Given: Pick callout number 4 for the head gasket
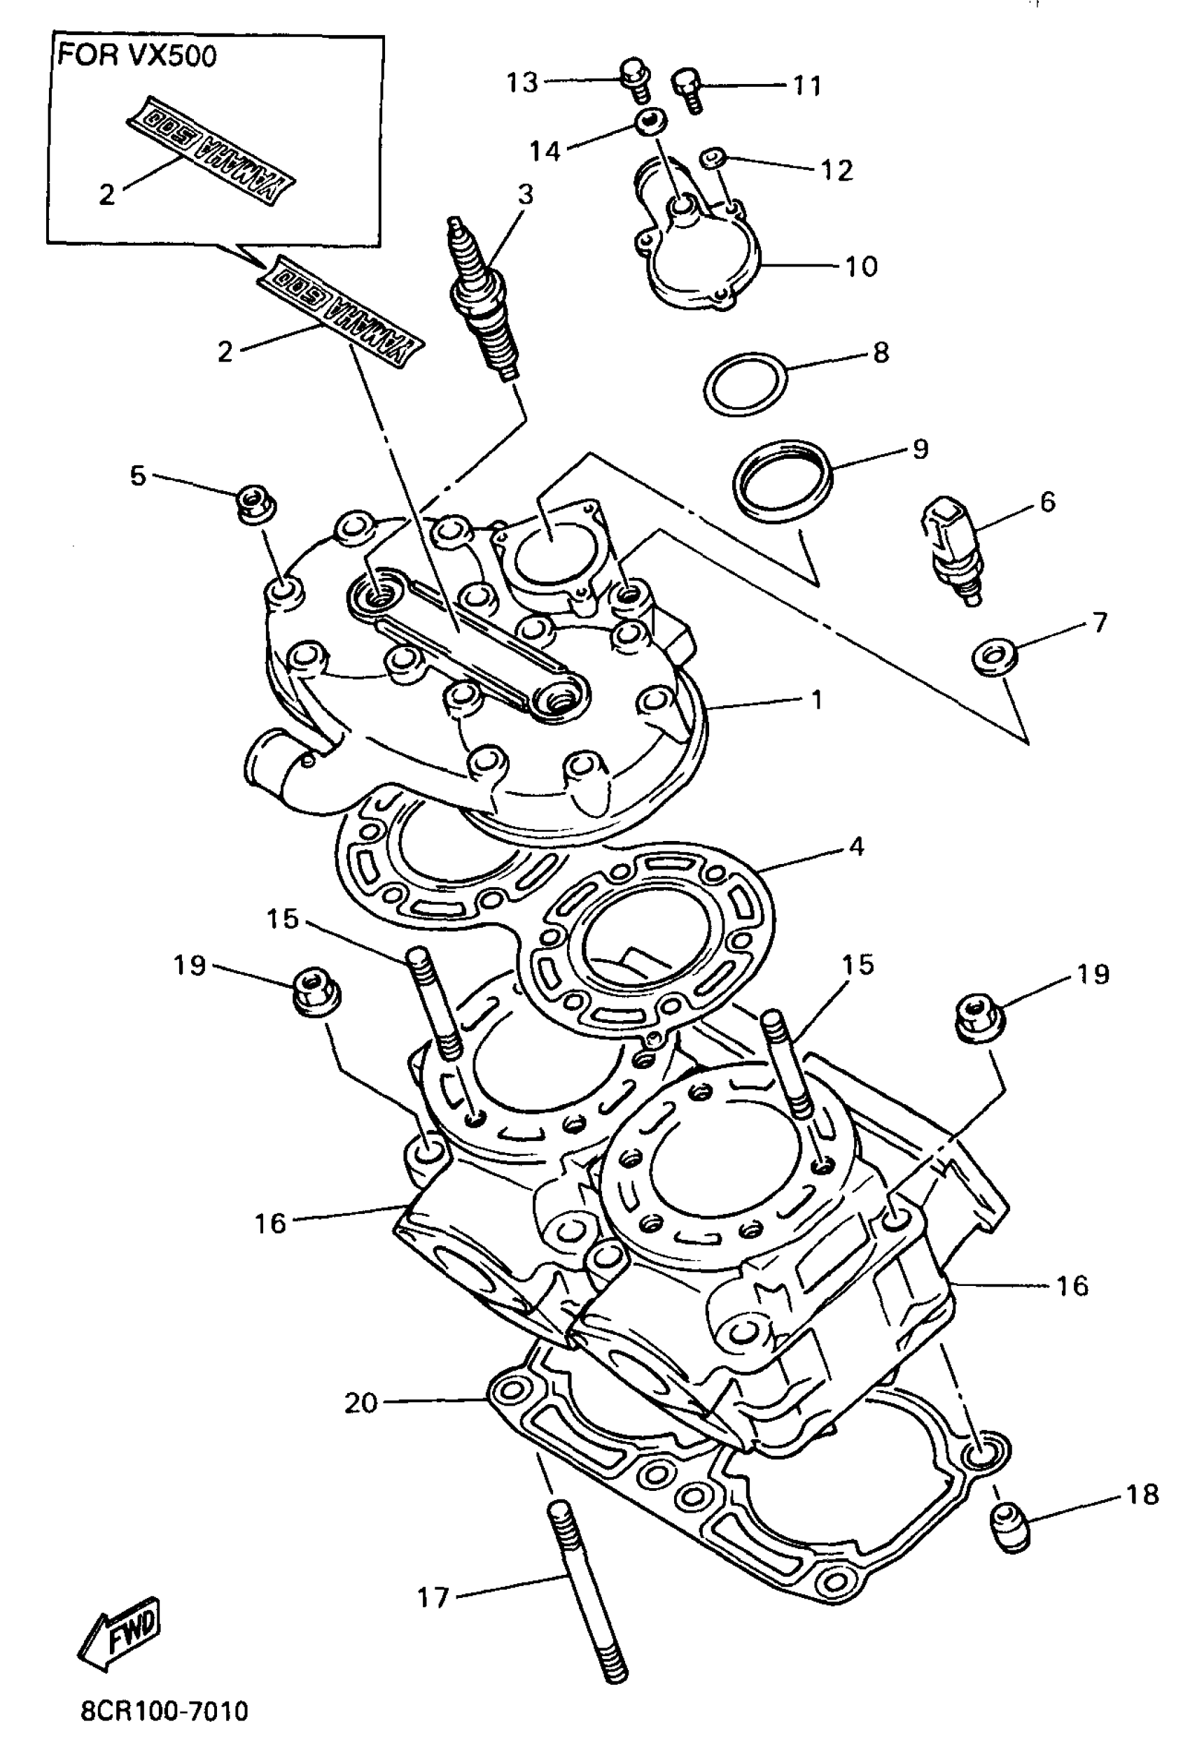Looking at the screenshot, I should [856, 847].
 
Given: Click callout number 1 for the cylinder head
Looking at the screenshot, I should [815, 700].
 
